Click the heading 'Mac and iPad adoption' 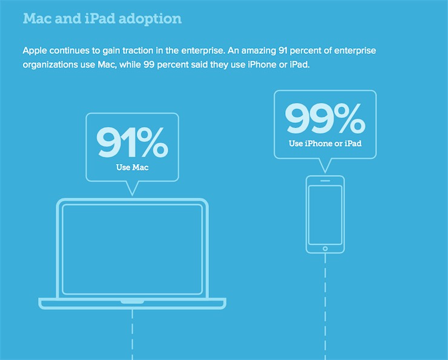click(102, 19)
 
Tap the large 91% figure click(132, 142)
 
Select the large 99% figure click(325, 118)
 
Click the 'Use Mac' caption click(133, 168)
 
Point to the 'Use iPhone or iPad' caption click(325, 143)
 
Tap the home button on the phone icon click(325, 249)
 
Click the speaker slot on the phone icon click(325, 181)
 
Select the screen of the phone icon click(325, 215)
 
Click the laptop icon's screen click(133, 249)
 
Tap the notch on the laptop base click(133, 302)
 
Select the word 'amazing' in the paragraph click(259, 51)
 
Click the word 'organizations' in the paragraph click(50, 65)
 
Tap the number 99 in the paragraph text click(149, 65)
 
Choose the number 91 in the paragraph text click(283, 51)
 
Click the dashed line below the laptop click(133, 335)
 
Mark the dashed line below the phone click(325, 307)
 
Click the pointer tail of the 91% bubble click(133, 188)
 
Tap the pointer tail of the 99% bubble click(325, 166)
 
